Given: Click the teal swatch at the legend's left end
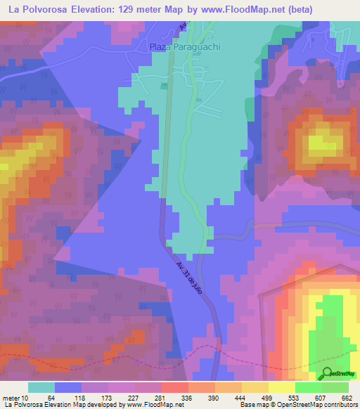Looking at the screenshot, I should click(x=41, y=387).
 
